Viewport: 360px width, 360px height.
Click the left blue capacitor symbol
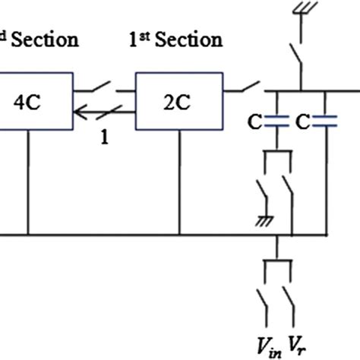click(276, 119)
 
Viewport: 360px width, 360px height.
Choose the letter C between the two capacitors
click(301, 120)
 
